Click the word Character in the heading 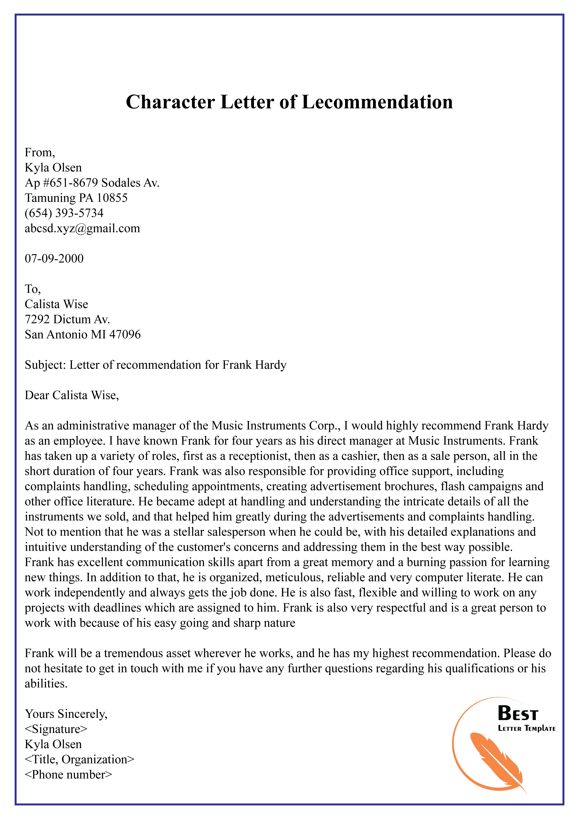[170, 102]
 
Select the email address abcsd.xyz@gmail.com [82, 228]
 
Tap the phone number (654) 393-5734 [64, 213]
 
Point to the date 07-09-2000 [54, 258]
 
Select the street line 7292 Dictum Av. [67, 319]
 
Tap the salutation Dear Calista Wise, [72, 395]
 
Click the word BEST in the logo [518, 713]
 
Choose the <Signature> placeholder [56, 729]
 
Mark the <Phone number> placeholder [68, 774]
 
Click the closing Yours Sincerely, [66, 713]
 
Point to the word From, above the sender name [40, 152]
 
